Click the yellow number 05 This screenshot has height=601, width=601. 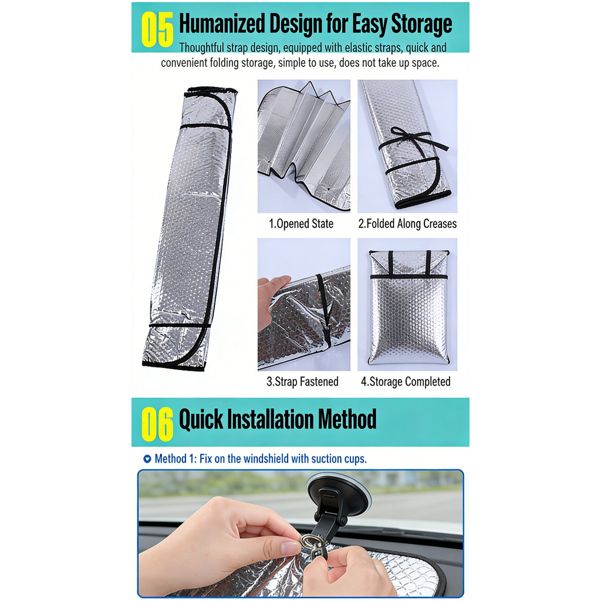tap(157, 29)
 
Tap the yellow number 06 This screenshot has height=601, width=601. tap(157, 424)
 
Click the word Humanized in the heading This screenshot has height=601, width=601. tap(222, 23)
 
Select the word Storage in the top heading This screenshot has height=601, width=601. tap(421, 25)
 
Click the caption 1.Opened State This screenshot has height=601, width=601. tap(301, 224)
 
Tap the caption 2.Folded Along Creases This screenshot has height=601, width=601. tap(407, 224)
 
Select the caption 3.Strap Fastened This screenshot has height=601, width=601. tap(302, 381)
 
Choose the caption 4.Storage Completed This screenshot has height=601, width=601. tap(406, 381)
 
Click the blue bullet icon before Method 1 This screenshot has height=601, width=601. tap(147, 458)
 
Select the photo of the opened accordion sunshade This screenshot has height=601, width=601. tap(304, 146)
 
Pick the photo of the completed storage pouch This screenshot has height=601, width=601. tap(407, 305)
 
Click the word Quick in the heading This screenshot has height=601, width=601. tap(201, 419)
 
